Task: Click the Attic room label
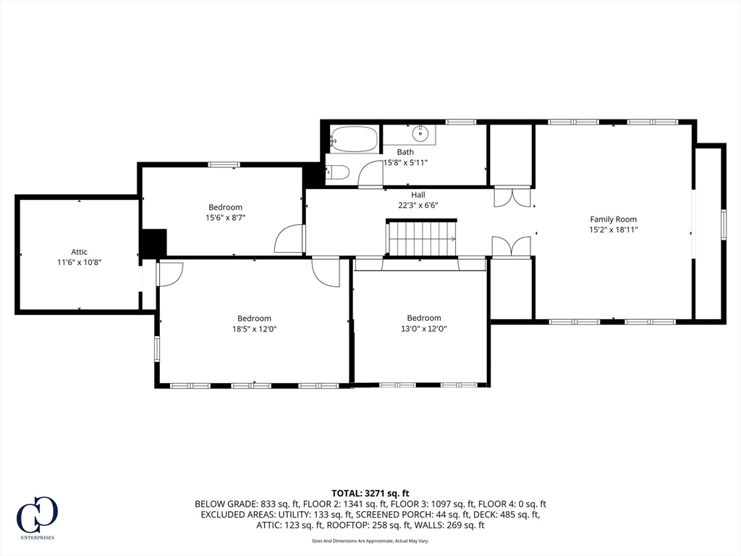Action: [x=79, y=252]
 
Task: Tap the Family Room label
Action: [x=613, y=219]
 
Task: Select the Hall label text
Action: [x=418, y=195]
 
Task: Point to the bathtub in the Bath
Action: [x=355, y=138]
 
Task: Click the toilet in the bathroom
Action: [x=338, y=172]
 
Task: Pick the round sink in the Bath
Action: [x=420, y=134]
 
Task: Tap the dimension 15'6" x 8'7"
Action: [x=226, y=217]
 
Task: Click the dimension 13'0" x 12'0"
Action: [x=423, y=328]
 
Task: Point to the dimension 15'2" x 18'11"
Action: [x=614, y=229]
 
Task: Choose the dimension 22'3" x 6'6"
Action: [x=418, y=205]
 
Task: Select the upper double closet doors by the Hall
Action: [x=512, y=198]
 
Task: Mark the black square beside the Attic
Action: [x=153, y=243]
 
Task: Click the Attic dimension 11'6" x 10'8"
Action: [x=79, y=262]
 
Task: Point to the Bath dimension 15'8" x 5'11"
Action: [x=405, y=162]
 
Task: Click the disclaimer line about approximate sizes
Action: [x=370, y=541]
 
